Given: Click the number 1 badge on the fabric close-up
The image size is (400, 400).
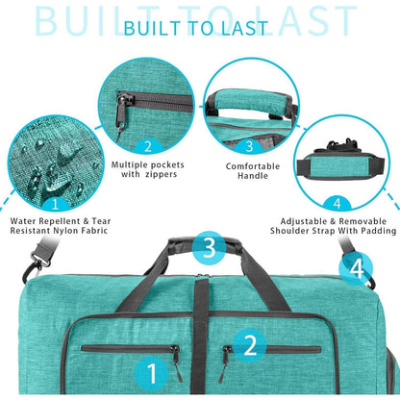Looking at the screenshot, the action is coord(56,203).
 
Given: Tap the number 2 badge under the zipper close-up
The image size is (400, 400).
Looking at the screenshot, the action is coord(148,146).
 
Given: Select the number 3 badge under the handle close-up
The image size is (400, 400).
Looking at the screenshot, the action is coord(249,146).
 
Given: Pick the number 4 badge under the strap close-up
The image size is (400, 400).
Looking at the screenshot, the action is coord(337,203).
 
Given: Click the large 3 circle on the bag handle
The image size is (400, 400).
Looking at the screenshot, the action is coord(210,247).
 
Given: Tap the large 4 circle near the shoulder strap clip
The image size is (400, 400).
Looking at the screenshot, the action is coord(356,268).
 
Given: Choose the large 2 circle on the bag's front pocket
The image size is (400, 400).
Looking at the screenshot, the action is coord(250,345).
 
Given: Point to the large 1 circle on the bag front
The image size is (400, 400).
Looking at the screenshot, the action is coord(151,374).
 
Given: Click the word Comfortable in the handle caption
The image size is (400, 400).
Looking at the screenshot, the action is coord(253,166).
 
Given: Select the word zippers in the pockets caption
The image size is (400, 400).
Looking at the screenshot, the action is coord(161,174).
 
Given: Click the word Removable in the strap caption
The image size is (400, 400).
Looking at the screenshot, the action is coord(362,221).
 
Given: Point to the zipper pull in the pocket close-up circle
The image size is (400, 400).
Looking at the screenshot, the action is coord(121,112).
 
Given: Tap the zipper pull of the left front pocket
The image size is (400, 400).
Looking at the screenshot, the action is coord(177,363).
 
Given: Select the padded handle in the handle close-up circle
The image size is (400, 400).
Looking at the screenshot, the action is coord(249,103).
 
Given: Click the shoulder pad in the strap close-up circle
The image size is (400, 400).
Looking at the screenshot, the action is coord(340,166).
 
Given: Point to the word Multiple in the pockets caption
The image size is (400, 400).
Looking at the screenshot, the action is coord(131,165).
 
